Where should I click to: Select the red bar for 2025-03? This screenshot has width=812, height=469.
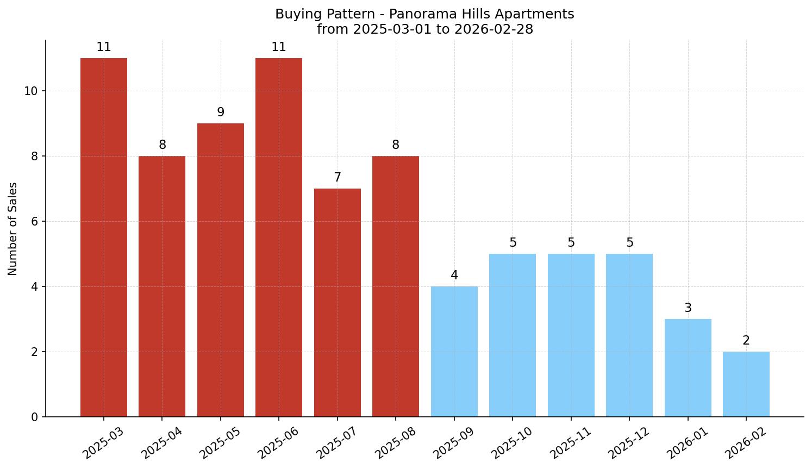104,237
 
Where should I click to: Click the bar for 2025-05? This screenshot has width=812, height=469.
221,270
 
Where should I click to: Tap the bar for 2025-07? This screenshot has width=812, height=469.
338,302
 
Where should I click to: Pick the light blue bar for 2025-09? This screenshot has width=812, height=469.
454,351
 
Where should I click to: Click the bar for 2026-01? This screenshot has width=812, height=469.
688,367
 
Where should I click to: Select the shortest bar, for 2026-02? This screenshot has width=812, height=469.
746,384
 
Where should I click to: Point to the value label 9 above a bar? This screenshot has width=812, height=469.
221,112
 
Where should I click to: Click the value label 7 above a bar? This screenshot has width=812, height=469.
338,178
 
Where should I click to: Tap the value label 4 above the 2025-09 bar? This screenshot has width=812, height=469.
454,276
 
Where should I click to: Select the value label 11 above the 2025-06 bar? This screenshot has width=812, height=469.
279,47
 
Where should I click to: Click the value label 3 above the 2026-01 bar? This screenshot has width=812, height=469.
688,308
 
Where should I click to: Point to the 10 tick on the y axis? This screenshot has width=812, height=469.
31,91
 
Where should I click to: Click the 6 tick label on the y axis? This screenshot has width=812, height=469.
35,222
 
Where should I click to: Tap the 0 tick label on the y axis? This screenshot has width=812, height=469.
35,417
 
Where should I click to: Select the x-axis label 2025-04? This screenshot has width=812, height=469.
161,443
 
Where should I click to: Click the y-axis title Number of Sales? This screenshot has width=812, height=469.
13,229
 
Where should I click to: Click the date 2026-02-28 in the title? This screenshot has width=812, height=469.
494,29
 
